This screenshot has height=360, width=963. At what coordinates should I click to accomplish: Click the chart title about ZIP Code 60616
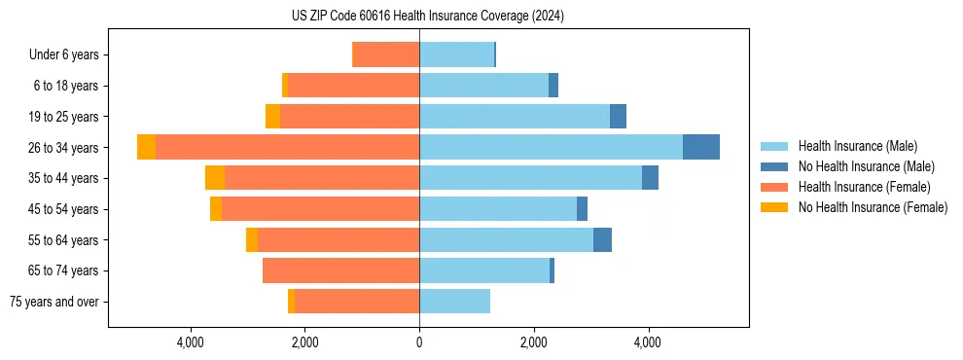(428, 16)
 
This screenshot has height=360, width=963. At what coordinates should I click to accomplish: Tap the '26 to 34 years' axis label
(62, 148)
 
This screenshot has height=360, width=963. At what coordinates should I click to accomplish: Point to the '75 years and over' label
(53, 302)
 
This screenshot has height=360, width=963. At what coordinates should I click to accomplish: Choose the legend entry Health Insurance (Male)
(857, 146)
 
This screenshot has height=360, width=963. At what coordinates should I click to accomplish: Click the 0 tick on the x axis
(419, 342)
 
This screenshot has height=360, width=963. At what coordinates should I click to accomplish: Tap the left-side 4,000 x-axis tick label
(191, 342)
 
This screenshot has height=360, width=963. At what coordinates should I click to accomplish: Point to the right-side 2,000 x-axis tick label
(533, 342)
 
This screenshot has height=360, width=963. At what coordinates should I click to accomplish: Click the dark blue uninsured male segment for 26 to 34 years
(701, 147)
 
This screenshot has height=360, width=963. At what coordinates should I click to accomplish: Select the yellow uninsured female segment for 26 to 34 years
(146, 147)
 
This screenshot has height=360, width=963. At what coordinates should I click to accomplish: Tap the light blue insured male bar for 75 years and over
(454, 302)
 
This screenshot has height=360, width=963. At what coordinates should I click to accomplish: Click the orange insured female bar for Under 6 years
(385, 54)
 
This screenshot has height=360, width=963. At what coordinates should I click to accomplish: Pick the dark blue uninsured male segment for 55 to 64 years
(602, 239)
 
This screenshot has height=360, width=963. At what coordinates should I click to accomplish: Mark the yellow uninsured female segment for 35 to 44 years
(215, 178)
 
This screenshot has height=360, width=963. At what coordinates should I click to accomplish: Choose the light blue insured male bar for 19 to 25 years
(515, 116)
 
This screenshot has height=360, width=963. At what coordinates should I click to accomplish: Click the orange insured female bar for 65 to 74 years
(340, 270)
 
